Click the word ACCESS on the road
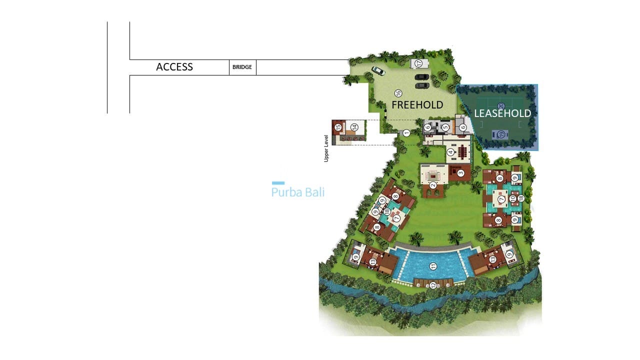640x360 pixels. coord(174,67)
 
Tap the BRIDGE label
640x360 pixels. coord(242,67)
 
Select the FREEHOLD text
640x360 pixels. coord(417,105)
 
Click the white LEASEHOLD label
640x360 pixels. coord(502,113)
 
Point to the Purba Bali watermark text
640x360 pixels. coord(298,192)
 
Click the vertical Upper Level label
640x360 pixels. coord(326,148)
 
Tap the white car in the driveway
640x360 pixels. coord(378,71)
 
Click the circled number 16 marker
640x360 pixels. coord(398,93)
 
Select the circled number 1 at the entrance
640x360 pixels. coord(406,133)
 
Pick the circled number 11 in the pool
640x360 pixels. coord(433,266)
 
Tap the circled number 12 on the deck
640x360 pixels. coord(433,285)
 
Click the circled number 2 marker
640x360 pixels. coord(433,185)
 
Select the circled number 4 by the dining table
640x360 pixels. coord(450,152)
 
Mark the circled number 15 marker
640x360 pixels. coord(338,127)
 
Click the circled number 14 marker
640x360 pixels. coord(353,127)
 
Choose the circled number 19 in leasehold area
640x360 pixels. coord(500,133)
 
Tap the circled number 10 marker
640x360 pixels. coord(512,198)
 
